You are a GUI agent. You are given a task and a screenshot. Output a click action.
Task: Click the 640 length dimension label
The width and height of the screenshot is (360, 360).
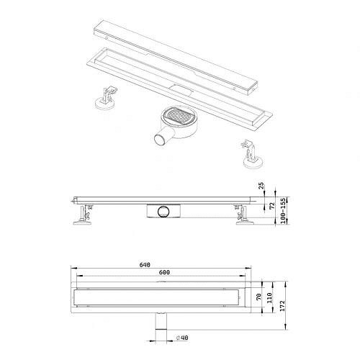[x=145, y=265]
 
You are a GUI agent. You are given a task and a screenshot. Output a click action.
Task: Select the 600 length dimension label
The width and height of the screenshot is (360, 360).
[x=164, y=272]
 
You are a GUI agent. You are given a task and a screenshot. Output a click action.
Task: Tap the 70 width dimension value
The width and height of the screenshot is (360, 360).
[x=258, y=297]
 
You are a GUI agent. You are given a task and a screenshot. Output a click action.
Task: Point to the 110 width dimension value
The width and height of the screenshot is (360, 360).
[x=269, y=297]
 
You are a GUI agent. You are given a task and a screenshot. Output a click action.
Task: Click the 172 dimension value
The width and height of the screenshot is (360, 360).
[x=282, y=305]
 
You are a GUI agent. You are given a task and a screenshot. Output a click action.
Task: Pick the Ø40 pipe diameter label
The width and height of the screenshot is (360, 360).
[x=182, y=338]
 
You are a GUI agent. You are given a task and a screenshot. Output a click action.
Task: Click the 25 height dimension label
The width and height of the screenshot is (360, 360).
[x=261, y=186]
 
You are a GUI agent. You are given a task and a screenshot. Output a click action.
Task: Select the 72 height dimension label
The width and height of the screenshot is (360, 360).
[x=271, y=206]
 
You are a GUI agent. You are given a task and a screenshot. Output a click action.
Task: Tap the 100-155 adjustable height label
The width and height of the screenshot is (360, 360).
[x=283, y=211]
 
